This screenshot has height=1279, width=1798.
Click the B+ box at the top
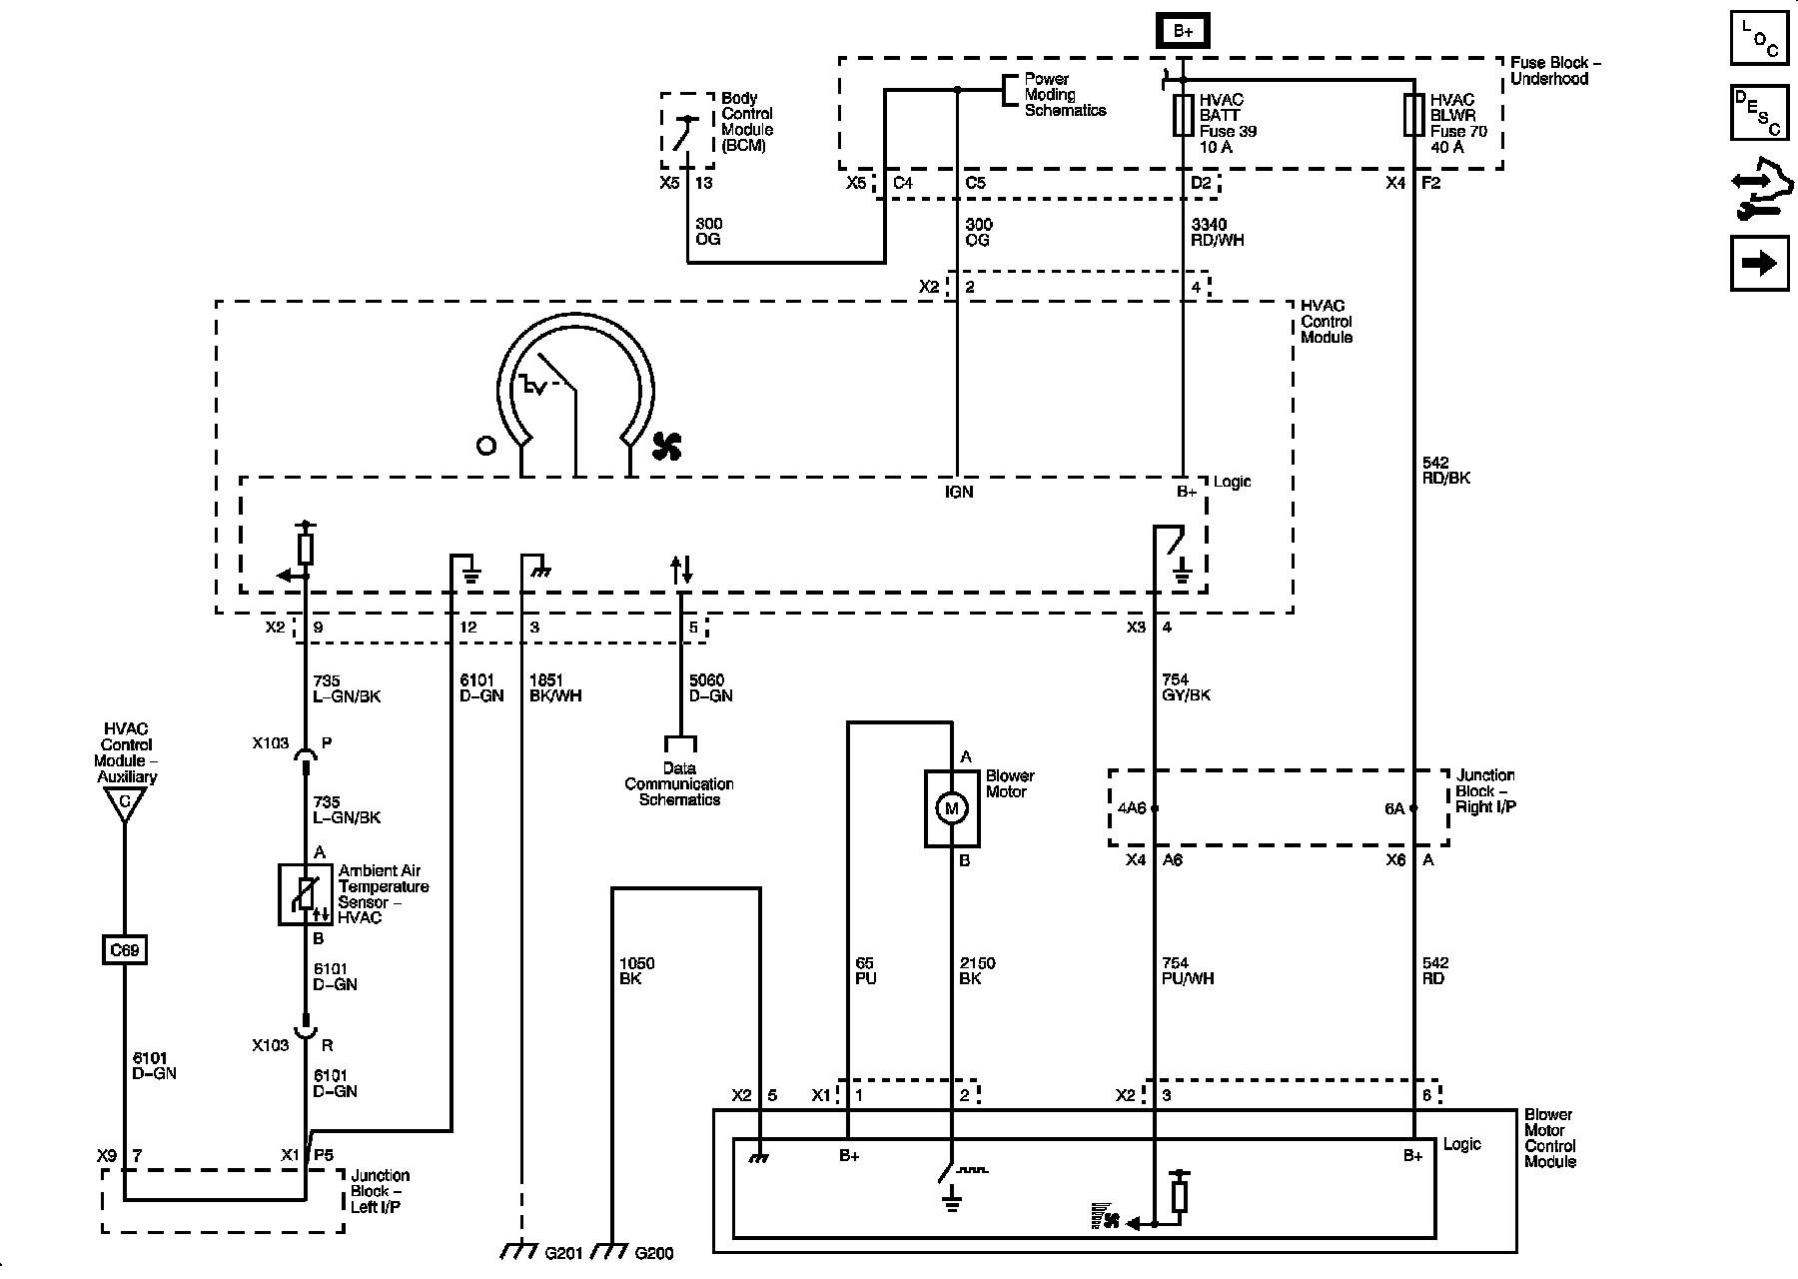(x=1184, y=31)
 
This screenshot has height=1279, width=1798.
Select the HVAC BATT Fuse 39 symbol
(x=1183, y=115)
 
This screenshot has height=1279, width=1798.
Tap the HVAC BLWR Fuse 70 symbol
(x=1413, y=115)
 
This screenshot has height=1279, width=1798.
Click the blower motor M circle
(x=951, y=808)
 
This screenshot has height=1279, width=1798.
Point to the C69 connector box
(x=125, y=949)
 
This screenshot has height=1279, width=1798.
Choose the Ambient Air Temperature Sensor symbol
(x=305, y=894)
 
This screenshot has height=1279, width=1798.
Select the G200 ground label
(x=654, y=1253)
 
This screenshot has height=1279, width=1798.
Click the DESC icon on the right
(x=1759, y=113)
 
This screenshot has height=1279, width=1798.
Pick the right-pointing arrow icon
(x=1759, y=263)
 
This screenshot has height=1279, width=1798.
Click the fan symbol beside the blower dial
(x=666, y=447)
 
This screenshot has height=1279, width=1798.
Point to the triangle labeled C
(x=125, y=804)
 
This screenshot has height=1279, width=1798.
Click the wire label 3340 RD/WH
(x=1218, y=232)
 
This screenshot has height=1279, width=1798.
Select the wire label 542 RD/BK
(x=1445, y=470)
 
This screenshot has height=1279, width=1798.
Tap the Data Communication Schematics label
(x=679, y=784)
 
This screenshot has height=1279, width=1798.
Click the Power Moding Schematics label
(x=1065, y=95)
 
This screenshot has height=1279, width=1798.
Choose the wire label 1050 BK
(x=637, y=971)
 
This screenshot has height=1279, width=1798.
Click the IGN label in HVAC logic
(x=959, y=492)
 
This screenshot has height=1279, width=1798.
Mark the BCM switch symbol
(x=684, y=132)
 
